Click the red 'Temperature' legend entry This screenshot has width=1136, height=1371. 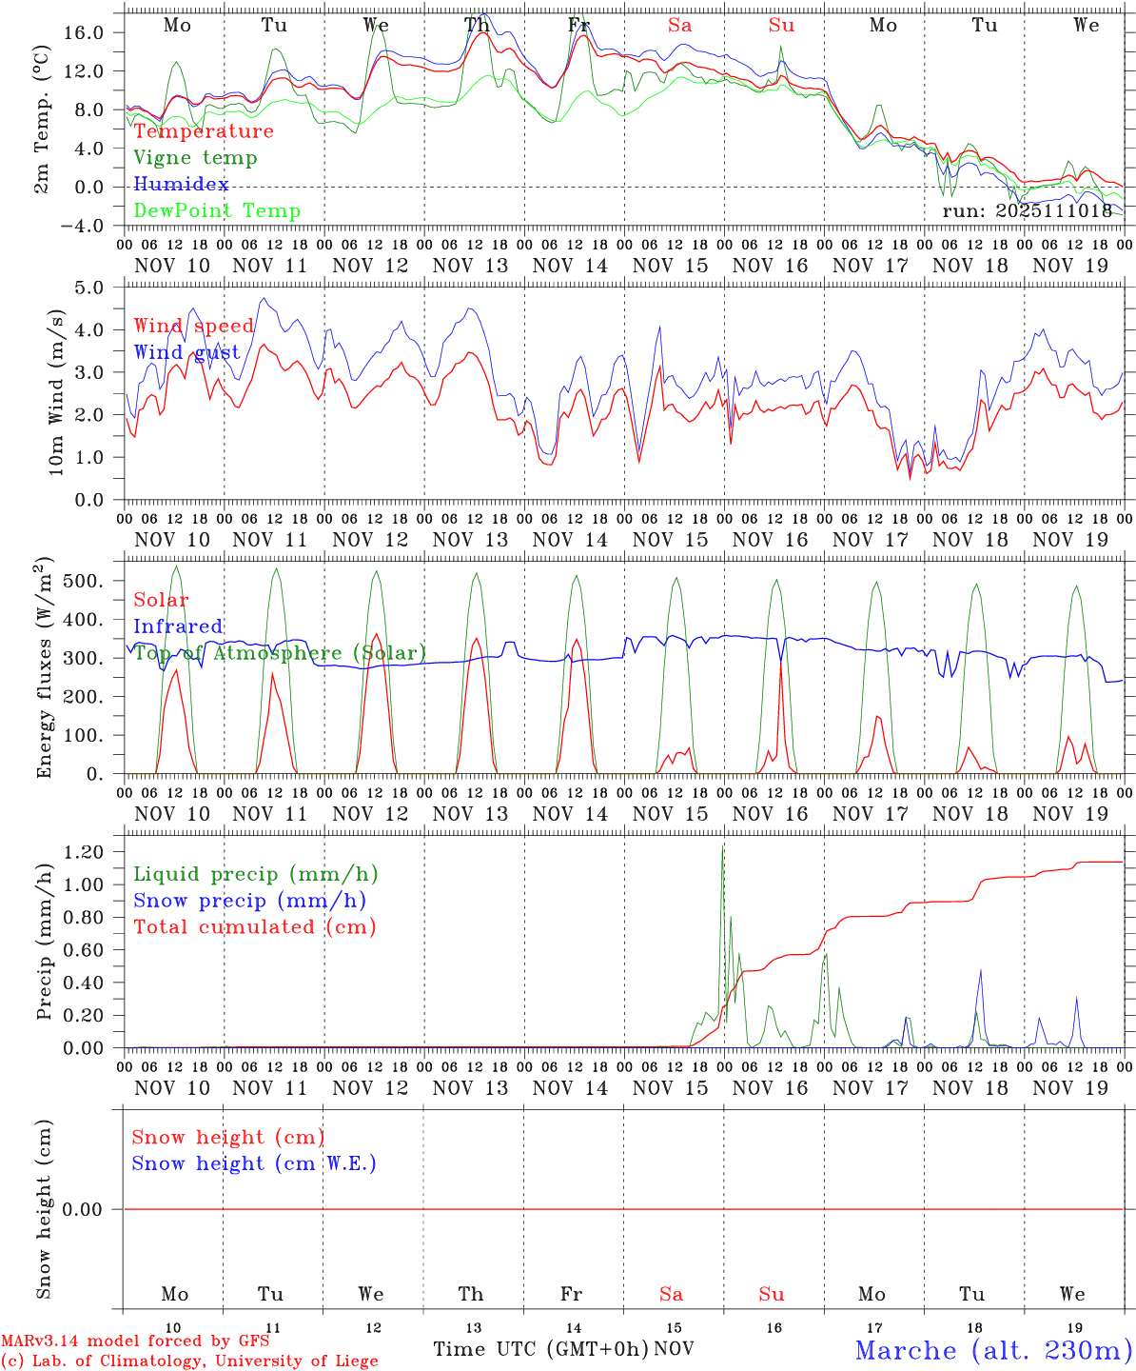[204, 131]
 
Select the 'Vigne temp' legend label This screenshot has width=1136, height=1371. [195, 158]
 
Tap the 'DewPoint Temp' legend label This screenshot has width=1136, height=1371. [217, 211]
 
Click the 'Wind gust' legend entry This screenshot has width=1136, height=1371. [187, 352]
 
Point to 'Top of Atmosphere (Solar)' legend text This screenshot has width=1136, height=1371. [280, 653]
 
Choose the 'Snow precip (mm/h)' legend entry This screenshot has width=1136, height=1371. [250, 901]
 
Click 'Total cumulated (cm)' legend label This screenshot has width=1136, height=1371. [255, 927]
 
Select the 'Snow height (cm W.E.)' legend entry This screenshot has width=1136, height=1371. [254, 1163]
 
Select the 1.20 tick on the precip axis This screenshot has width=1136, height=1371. [93, 852]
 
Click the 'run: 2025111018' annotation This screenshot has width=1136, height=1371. [1027, 211]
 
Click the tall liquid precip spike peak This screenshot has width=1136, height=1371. [723, 845]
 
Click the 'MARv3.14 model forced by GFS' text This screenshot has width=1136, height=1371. [135, 1341]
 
